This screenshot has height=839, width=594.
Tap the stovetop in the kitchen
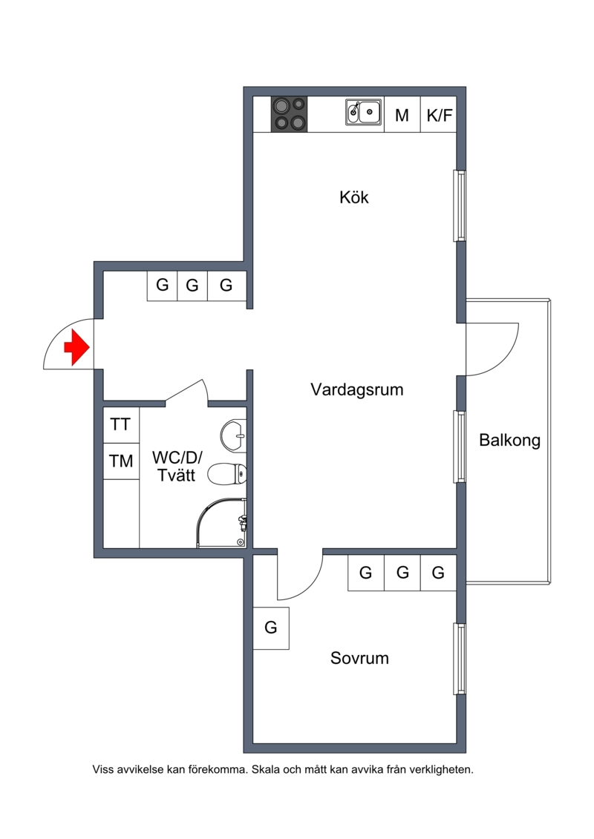coord(290,114)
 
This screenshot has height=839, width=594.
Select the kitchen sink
coord(363,112)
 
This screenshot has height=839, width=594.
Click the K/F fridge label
coord(440,115)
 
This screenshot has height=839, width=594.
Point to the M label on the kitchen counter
coord(402,115)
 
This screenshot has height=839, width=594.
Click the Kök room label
coord(354,197)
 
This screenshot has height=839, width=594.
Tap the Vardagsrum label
coord(356,389)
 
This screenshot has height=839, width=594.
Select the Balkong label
coord(509,441)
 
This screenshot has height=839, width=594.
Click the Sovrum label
coord(359,657)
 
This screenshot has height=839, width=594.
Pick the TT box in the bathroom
coord(120,425)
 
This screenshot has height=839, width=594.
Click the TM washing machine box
coord(121,461)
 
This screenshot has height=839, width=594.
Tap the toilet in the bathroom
coord(226,474)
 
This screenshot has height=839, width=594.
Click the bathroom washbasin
coord(234,435)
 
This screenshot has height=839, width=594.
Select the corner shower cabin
coord(222,523)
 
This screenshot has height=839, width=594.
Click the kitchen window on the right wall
coord(460,205)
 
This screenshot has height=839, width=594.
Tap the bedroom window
coord(460,659)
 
